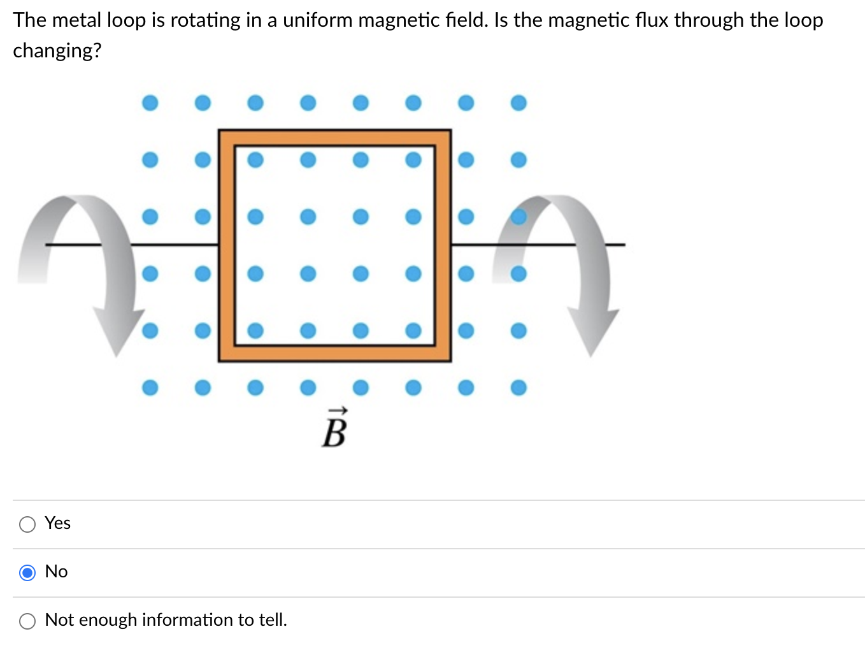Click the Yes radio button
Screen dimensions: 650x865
[27, 524]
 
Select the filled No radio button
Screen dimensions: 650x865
[27, 572]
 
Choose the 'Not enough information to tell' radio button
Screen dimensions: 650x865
[27, 621]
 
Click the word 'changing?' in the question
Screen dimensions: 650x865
[57, 50]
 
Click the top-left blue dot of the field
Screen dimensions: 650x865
[150, 103]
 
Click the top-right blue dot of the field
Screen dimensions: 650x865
[518, 103]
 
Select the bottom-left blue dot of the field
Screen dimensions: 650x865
[150, 387]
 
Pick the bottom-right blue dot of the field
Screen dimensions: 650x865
[518, 387]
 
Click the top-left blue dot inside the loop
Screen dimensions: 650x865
[255, 159]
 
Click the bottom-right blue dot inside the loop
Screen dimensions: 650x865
[413, 330]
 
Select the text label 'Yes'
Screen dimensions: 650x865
[57, 523]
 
